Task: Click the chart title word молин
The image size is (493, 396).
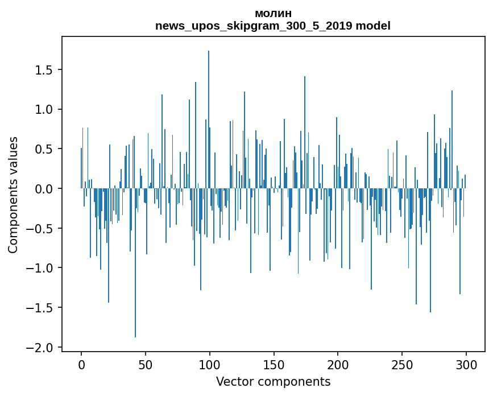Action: pyautogui.click(x=273, y=14)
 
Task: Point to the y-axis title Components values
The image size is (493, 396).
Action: pyautogui.click(x=13, y=195)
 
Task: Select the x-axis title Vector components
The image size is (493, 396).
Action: pyautogui.click(x=273, y=382)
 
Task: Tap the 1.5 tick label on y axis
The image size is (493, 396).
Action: pyautogui.click(x=44, y=70)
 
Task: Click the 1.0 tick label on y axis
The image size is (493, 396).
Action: pyautogui.click(x=44, y=109)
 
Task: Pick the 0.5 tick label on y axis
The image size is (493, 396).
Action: pyautogui.click(x=44, y=149)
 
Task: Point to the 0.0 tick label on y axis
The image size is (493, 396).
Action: pyautogui.click(x=44, y=189)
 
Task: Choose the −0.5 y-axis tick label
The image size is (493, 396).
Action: pyautogui.click(x=40, y=228)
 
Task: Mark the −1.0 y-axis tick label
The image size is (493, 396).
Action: pyautogui.click(x=40, y=268)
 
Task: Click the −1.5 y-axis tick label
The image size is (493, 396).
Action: pyautogui.click(x=40, y=308)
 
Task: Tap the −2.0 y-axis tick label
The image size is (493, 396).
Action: pyautogui.click(x=40, y=347)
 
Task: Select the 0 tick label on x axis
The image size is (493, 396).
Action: pyautogui.click(x=81, y=365)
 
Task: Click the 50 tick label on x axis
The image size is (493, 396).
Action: pyautogui.click(x=146, y=365)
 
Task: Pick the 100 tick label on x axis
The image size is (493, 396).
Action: pyautogui.click(x=210, y=365)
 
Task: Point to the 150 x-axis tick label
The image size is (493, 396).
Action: pyautogui.click(x=274, y=365)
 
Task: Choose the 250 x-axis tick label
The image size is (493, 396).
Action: pyautogui.click(x=402, y=365)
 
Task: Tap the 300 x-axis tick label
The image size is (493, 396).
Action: pyautogui.click(x=466, y=365)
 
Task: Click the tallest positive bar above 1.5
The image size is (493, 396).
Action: pyautogui.click(x=209, y=119)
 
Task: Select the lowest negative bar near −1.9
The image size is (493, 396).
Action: pyautogui.click(x=135, y=263)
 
